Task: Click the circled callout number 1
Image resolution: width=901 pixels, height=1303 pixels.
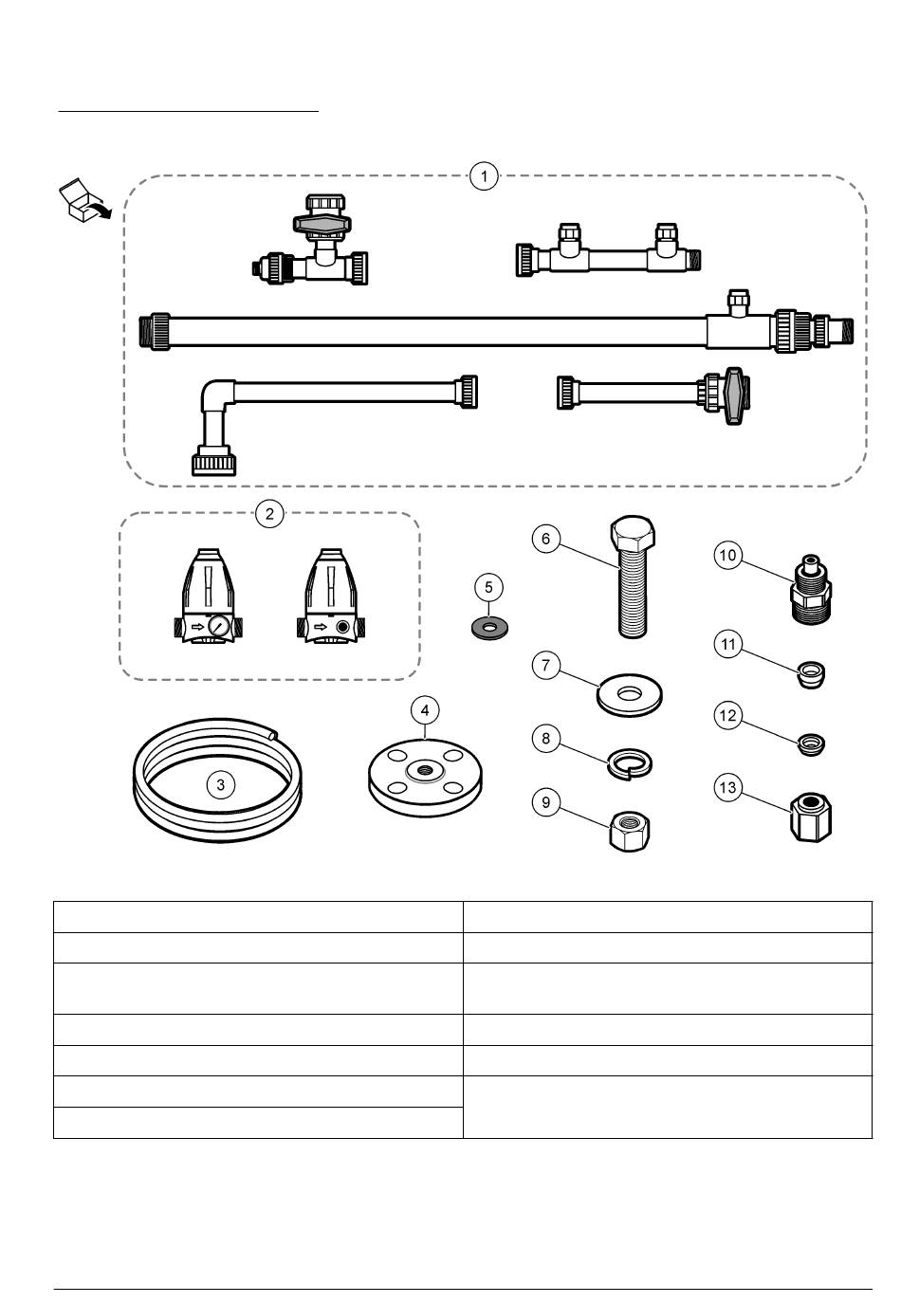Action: (x=485, y=176)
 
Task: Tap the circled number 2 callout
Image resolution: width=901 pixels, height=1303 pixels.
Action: (x=269, y=514)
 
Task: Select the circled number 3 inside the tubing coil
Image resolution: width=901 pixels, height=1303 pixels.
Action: (x=221, y=784)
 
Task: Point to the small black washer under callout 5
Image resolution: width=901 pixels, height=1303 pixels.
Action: (x=489, y=628)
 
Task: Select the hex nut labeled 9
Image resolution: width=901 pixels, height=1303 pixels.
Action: (x=629, y=832)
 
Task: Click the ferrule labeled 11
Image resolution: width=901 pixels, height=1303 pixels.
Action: (x=812, y=675)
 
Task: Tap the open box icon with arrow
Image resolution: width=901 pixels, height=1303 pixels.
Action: (x=83, y=201)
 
